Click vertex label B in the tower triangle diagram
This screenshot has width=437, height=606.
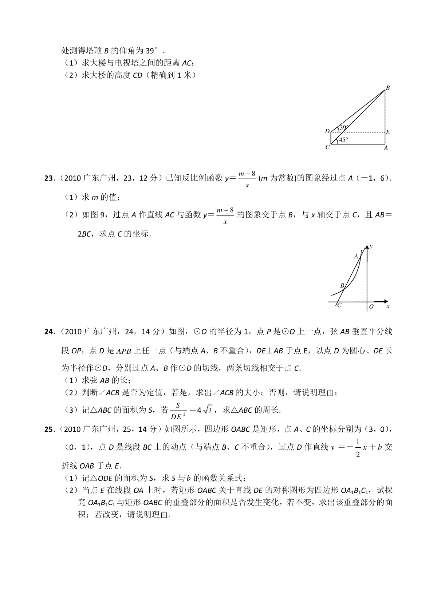(x=388, y=88)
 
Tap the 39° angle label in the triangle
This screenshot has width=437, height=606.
(x=344, y=127)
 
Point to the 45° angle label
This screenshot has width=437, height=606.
(x=344, y=139)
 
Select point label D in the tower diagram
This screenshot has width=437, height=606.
(x=327, y=131)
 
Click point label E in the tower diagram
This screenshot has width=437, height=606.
(x=388, y=132)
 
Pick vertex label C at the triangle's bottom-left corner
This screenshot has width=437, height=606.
(x=327, y=147)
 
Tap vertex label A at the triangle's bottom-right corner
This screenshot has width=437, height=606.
(x=386, y=148)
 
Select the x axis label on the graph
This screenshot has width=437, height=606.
(x=388, y=306)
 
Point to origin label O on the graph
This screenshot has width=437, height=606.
(x=371, y=307)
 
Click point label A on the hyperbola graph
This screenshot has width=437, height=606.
(x=356, y=256)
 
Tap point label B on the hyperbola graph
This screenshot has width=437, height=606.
(x=342, y=286)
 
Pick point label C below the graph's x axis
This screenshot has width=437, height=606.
(x=339, y=306)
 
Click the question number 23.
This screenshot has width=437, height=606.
(x=48, y=178)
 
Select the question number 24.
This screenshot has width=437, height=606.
(x=48, y=332)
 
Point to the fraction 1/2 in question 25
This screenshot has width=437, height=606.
(x=358, y=448)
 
